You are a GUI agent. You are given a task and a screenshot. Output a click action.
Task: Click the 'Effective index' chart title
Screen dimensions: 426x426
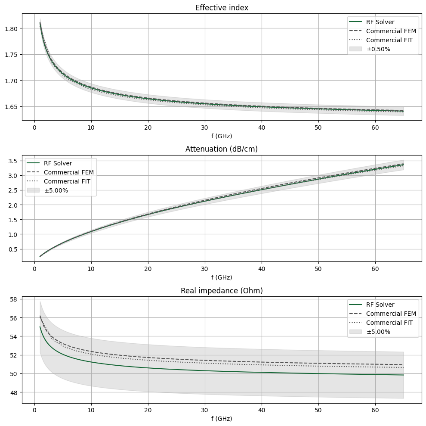click(x=222, y=8)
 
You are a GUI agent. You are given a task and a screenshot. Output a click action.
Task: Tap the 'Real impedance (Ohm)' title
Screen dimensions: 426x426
click(x=222, y=291)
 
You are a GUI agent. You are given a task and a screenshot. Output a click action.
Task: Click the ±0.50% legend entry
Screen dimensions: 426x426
click(x=378, y=49)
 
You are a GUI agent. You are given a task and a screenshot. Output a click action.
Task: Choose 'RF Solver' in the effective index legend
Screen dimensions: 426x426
click(x=380, y=22)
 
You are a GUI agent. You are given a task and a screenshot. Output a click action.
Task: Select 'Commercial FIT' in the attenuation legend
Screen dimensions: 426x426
click(x=67, y=181)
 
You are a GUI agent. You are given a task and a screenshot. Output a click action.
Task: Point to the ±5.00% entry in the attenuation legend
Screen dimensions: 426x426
click(x=56, y=190)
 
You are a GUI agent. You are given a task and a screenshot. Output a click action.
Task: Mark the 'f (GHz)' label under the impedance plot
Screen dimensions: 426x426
click(x=222, y=418)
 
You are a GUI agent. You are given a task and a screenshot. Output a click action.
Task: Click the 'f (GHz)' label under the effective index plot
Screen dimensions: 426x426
click(x=222, y=136)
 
